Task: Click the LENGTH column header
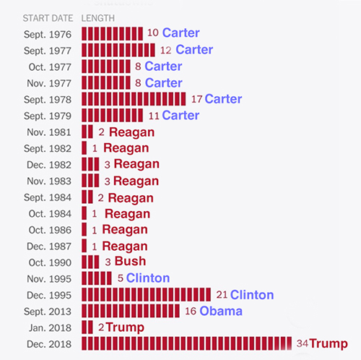pyautogui.click(x=98, y=17)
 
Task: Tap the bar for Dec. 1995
pyautogui.click(x=147, y=294)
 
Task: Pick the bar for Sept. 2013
pyautogui.click(x=137, y=311)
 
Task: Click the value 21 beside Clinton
pyautogui.click(x=222, y=294)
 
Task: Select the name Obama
pyautogui.click(x=221, y=311)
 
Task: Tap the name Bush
pyautogui.click(x=130, y=262)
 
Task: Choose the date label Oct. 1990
pyautogui.click(x=51, y=262)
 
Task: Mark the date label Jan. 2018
pyautogui.click(x=50, y=327)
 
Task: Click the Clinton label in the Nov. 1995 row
pyautogui.click(x=148, y=278)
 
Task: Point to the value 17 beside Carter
pyautogui.click(x=196, y=99)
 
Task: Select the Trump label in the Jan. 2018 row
pyautogui.click(x=125, y=327)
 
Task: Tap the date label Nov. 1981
pyautogui.click(x=50, y=132)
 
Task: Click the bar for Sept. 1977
pyautogui.click(x=118, y=50)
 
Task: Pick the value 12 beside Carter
pyautogui.click(x=166, y=50)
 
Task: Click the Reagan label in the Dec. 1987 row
pyautogui.click(x=124, y=246)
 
